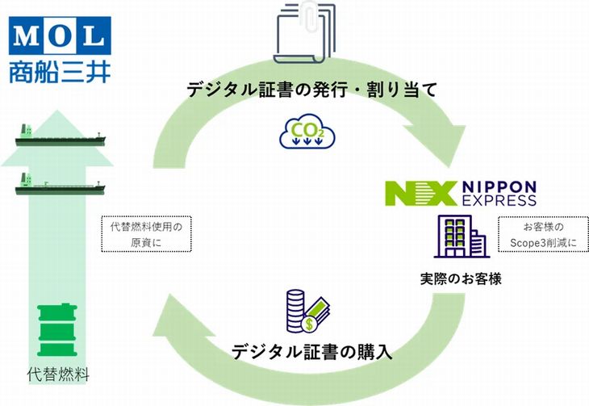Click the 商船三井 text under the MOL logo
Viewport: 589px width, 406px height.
pyautogui.click(x=60, y=72)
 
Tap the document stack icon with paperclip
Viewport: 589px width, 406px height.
pyautogui.click(x=305, y=33)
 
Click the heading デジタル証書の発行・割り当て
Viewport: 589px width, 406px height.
pyautogui.click(x=312, y=90)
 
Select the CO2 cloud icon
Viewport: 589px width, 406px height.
pyautogui.click(x=307, y=131)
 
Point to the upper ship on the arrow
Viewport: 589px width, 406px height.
pyautogui.click(x=60, y=136)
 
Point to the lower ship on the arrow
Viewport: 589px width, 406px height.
pyautogui.click(x=60, y=184)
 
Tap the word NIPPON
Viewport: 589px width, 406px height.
pyautogui.click(x=499, y=186)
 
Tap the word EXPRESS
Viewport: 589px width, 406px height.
pyautogui.click(x=499, y=200)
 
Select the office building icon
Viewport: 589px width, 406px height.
pyautogui.click(x=462, y=236)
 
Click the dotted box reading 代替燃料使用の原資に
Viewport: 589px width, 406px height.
pyautogui.click(x=147, y=234)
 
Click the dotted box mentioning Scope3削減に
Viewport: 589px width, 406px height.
pyautogui.click(x=543, y=234)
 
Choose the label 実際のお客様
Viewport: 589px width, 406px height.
pyautogui.click(x=461, y=279)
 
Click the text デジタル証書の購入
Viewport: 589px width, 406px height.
pyautogui.click(x=312, y=352)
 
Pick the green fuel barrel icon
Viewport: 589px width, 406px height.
pyautogui.click(x=57, y=330)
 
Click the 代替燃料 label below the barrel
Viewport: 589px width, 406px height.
pyautogui.click(x=58, y=375)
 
